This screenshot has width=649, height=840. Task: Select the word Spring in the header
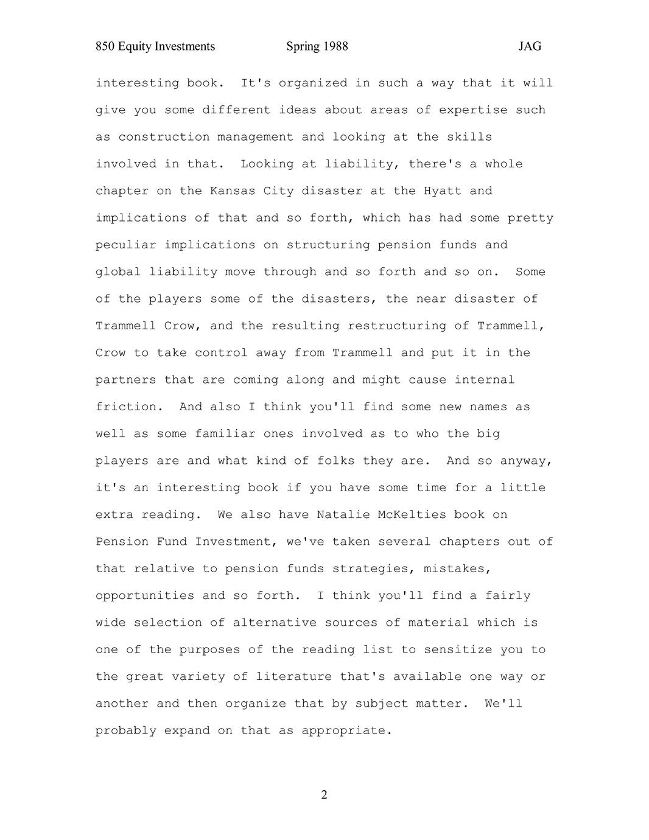tap(303, 46)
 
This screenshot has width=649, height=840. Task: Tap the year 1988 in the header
tap(335, 46)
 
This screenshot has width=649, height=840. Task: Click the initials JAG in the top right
tap(530, 46)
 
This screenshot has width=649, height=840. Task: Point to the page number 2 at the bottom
tap(324, 795)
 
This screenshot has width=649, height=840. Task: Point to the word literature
tap(293, 676)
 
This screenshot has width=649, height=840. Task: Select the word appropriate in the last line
tap(346, 730)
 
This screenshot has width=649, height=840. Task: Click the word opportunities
tap(145, 595)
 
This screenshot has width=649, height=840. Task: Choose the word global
tap(118, 272)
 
